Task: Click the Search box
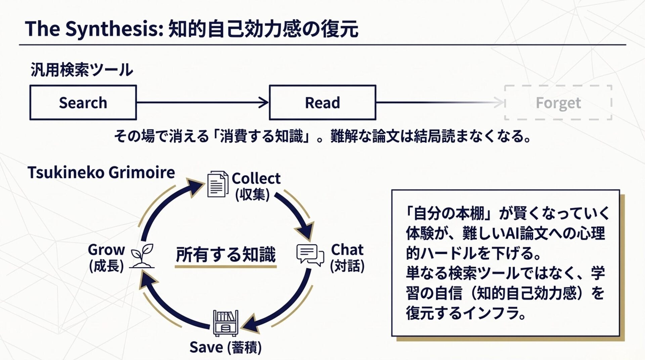pyautogui.click(x=83, y=102)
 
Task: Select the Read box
pyautogui.click(x=322, y=102)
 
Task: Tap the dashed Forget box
pyautogui.click(x=558, y=102)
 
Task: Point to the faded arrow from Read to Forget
pyautogui.click(x=440, y=102)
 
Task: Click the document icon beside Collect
pyautogui.click(x=217, y=184)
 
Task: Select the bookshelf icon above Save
pyautogui.click(x=226, y=323)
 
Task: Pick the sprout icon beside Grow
pyautogui.click(x=142, y=256)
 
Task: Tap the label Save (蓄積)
pyautogui.click(x=225, y=347)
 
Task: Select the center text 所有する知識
pyautogui.click(x=225, y=254)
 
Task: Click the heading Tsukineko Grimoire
pyautogui.click(x=101, y=173)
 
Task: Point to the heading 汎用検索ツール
pyautogui.click(x=82, y=70)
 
